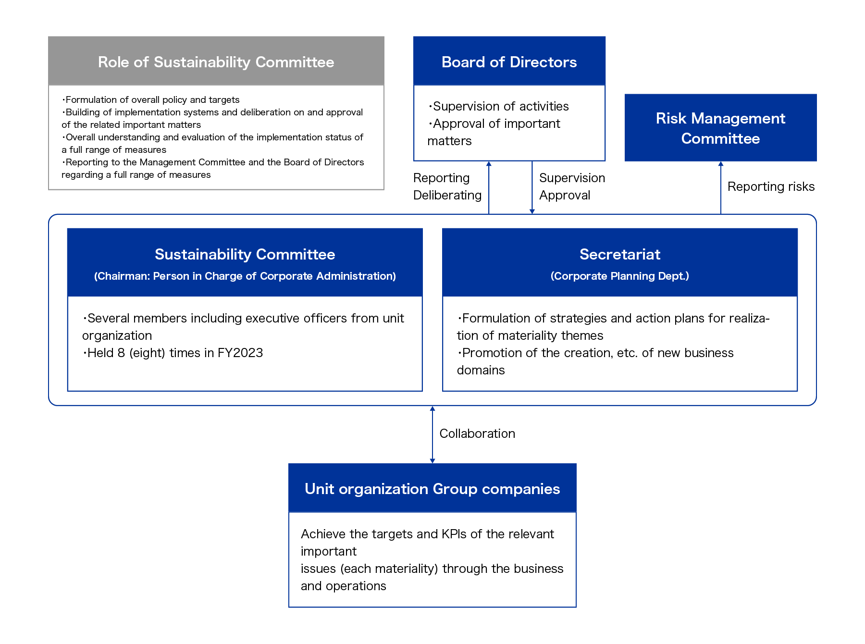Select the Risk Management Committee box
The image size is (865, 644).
720,127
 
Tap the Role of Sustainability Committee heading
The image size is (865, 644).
216,62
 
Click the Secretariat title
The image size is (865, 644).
620,254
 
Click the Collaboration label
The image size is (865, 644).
477,433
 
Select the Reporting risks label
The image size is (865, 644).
771,186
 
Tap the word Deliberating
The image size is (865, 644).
447,195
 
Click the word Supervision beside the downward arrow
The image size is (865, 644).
572,178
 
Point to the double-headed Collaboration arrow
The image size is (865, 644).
432,434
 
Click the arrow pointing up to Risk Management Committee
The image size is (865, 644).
720,187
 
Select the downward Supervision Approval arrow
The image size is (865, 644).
532,187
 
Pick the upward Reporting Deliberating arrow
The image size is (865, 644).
489,187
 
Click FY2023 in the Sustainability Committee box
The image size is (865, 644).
240,353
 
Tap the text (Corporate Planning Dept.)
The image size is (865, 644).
620,276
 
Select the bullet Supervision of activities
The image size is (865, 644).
498,106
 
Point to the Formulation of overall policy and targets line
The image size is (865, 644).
150,99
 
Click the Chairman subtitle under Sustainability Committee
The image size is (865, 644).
245,276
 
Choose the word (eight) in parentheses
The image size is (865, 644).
147,353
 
